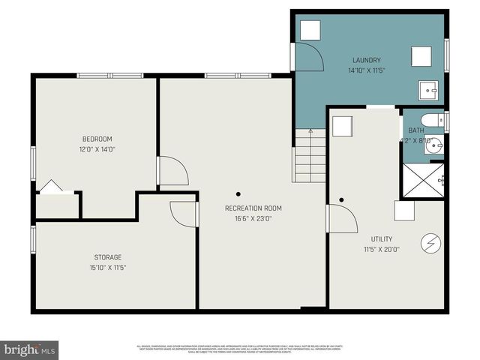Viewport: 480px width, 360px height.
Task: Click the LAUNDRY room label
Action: click(x=367, y=60)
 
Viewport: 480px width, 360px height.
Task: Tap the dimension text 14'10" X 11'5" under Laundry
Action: click(x=367, y=70)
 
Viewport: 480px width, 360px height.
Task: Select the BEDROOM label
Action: click(x=97, y=139)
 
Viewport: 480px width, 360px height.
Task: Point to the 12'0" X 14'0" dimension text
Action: click(x=97, y=148)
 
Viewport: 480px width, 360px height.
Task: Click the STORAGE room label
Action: click(x=108, y=257)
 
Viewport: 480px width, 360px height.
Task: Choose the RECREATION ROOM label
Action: click(x=253, y=208)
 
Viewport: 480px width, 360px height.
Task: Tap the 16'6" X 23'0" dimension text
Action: click(x=253, y=218)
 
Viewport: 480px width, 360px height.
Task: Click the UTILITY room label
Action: click(x=382, y=239)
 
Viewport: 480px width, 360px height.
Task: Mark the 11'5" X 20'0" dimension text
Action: click(x=382, y=249)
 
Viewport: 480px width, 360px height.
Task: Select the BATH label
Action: click(x=415, y=130)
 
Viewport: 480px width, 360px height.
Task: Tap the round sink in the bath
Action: click(x=434, y=145)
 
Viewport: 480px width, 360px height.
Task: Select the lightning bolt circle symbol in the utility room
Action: click(x=431, y=242)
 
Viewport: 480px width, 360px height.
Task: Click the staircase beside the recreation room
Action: click(x=309, y=155)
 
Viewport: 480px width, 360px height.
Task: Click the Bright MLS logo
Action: click(x=30, y=349)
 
